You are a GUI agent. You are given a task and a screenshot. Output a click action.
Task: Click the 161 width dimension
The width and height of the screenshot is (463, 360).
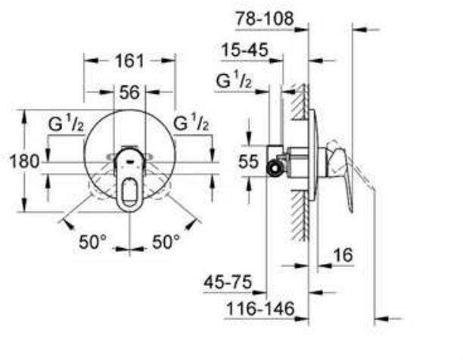[129, 61]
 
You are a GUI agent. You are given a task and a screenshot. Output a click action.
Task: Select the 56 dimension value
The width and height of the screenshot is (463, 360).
[129, 92]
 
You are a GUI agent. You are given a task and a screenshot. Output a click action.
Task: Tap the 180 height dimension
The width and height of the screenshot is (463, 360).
[24, 161]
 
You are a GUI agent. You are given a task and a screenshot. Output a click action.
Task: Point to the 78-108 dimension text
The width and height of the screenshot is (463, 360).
[264, 19]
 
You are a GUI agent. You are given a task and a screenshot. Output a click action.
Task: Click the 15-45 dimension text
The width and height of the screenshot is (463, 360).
[245, 50]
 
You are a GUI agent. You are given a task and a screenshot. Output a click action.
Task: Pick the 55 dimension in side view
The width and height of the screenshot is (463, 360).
[248, 162]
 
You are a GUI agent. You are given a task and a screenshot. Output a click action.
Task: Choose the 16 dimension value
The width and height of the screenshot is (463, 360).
[343, 255]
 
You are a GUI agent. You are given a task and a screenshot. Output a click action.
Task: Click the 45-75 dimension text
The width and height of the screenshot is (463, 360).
[228, 282]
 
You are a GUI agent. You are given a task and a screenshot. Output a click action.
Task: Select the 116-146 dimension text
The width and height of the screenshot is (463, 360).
[260, 309]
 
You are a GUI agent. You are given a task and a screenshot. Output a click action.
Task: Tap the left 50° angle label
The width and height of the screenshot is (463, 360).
[92, 242]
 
